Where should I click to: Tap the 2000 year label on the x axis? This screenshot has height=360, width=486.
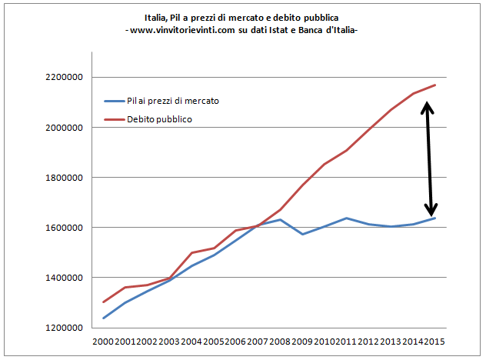[x=103, y=342]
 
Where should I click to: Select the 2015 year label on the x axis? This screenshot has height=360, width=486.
[x=435, y=342]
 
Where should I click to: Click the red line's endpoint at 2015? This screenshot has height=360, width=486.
[x=435, y=85]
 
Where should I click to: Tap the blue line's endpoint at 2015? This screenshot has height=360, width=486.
[x=435, y=218]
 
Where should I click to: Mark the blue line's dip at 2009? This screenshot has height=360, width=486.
[x=303, y=234]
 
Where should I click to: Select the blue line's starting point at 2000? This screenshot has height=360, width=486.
[x=103, y=318]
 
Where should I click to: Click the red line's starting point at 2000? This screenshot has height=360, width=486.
[x=103, y=302]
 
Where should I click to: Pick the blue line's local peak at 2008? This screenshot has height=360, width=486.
[x=281, y=220]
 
